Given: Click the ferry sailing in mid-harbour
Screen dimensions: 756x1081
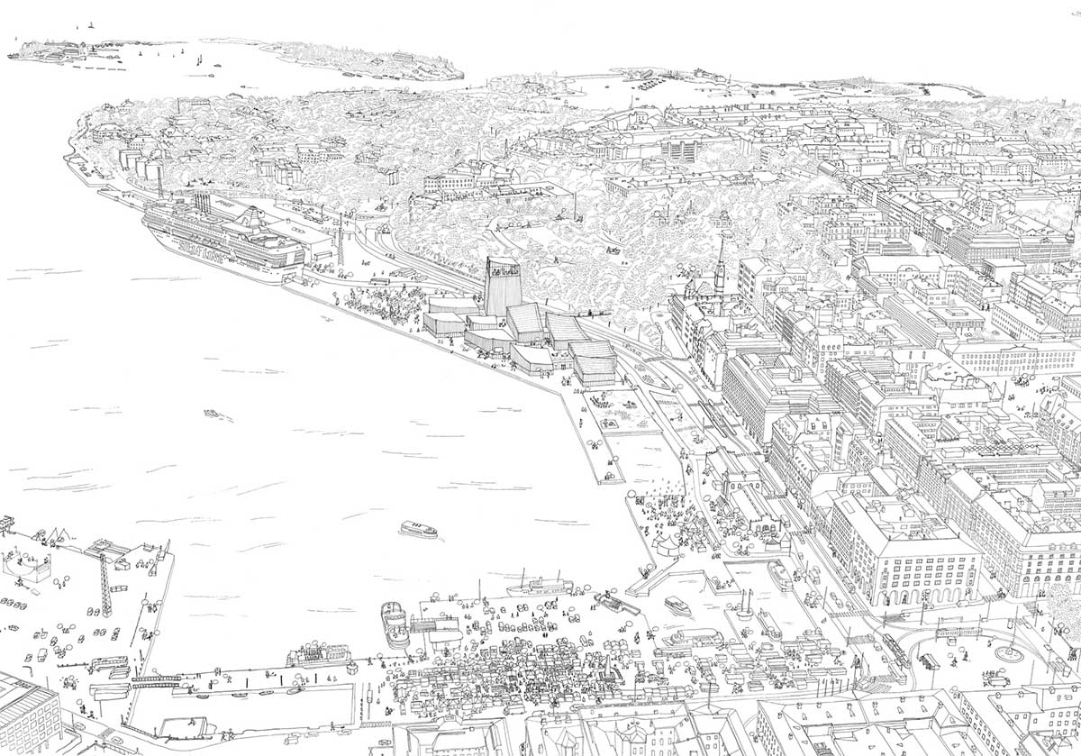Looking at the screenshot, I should [418, 529].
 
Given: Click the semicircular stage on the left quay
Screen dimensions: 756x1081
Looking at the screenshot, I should [24, 564].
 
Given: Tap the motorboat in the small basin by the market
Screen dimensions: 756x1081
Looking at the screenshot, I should [677, 606].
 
